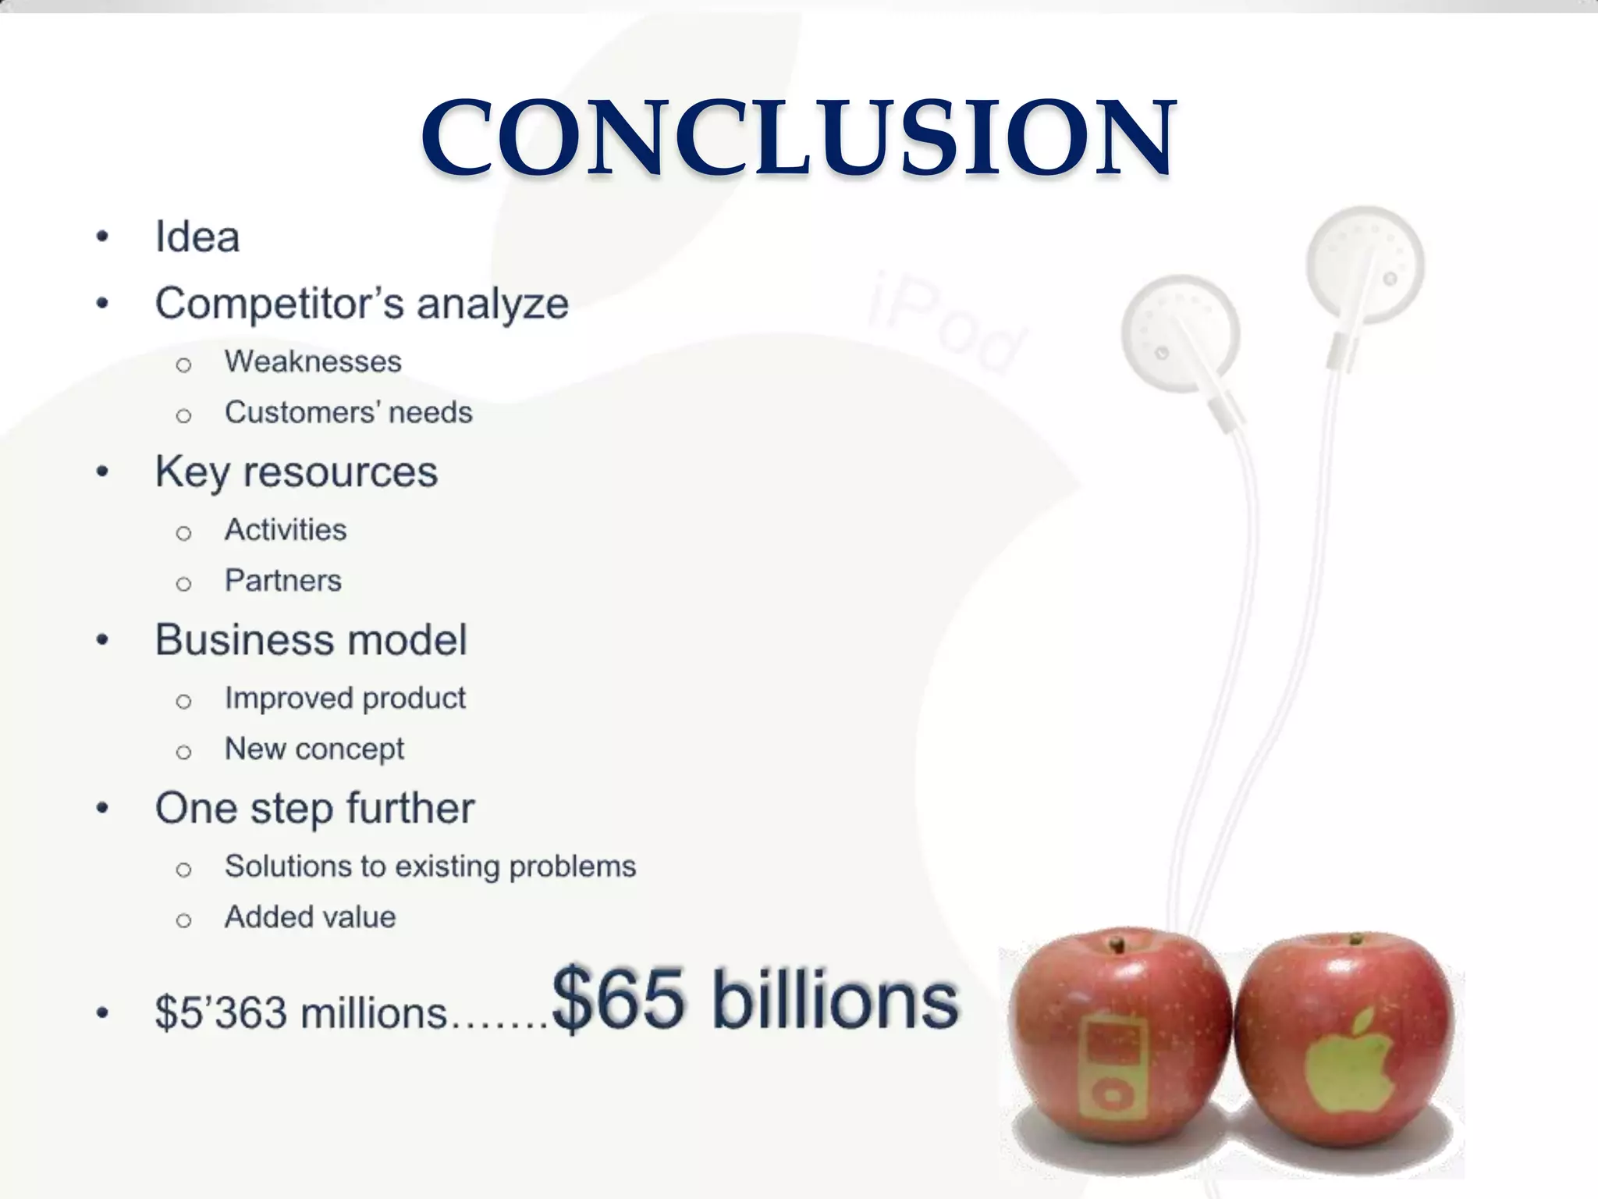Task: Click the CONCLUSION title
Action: point(798,138)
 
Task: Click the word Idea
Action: point(197,237)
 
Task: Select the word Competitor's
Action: point(279,304)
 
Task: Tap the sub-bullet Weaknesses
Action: point(313,361)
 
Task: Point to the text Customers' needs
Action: point(348,412)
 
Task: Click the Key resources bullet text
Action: point(297,472)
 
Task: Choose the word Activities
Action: point(286,530)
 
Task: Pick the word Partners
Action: point(283,581)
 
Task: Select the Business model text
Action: point(311,640)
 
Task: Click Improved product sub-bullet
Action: point(345,698)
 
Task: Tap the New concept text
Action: point(314,749)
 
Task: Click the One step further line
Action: point(314,808)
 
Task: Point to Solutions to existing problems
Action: point(430,866)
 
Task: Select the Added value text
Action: point(310,917)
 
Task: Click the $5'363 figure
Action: point(221,1013)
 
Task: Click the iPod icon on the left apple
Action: point(1113,1072)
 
